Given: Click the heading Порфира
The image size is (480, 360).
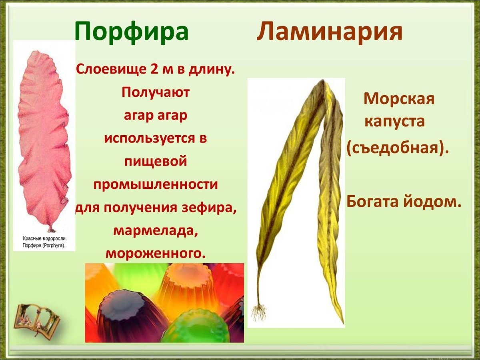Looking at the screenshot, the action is click(132, 32).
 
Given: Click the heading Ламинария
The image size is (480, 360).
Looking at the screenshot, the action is click(329, 32).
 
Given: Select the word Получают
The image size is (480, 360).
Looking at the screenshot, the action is click(156, 93).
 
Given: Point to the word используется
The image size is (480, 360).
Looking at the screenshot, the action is click(149, 138).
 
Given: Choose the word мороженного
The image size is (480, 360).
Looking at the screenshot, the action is click(156, 254).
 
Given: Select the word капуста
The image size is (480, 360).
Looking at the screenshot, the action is click(394, 122).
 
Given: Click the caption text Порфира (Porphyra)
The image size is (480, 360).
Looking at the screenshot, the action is click(44, 246).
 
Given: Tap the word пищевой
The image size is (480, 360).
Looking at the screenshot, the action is click(156, 162).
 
